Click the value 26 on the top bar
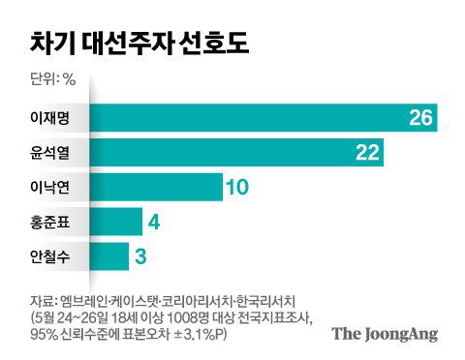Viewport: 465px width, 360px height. (x=420, y=118)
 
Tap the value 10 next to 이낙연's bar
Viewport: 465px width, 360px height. (x=238, y=188)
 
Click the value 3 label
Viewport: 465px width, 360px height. (x=141, y=257)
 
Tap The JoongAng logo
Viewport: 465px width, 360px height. (x=385, y=334)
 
